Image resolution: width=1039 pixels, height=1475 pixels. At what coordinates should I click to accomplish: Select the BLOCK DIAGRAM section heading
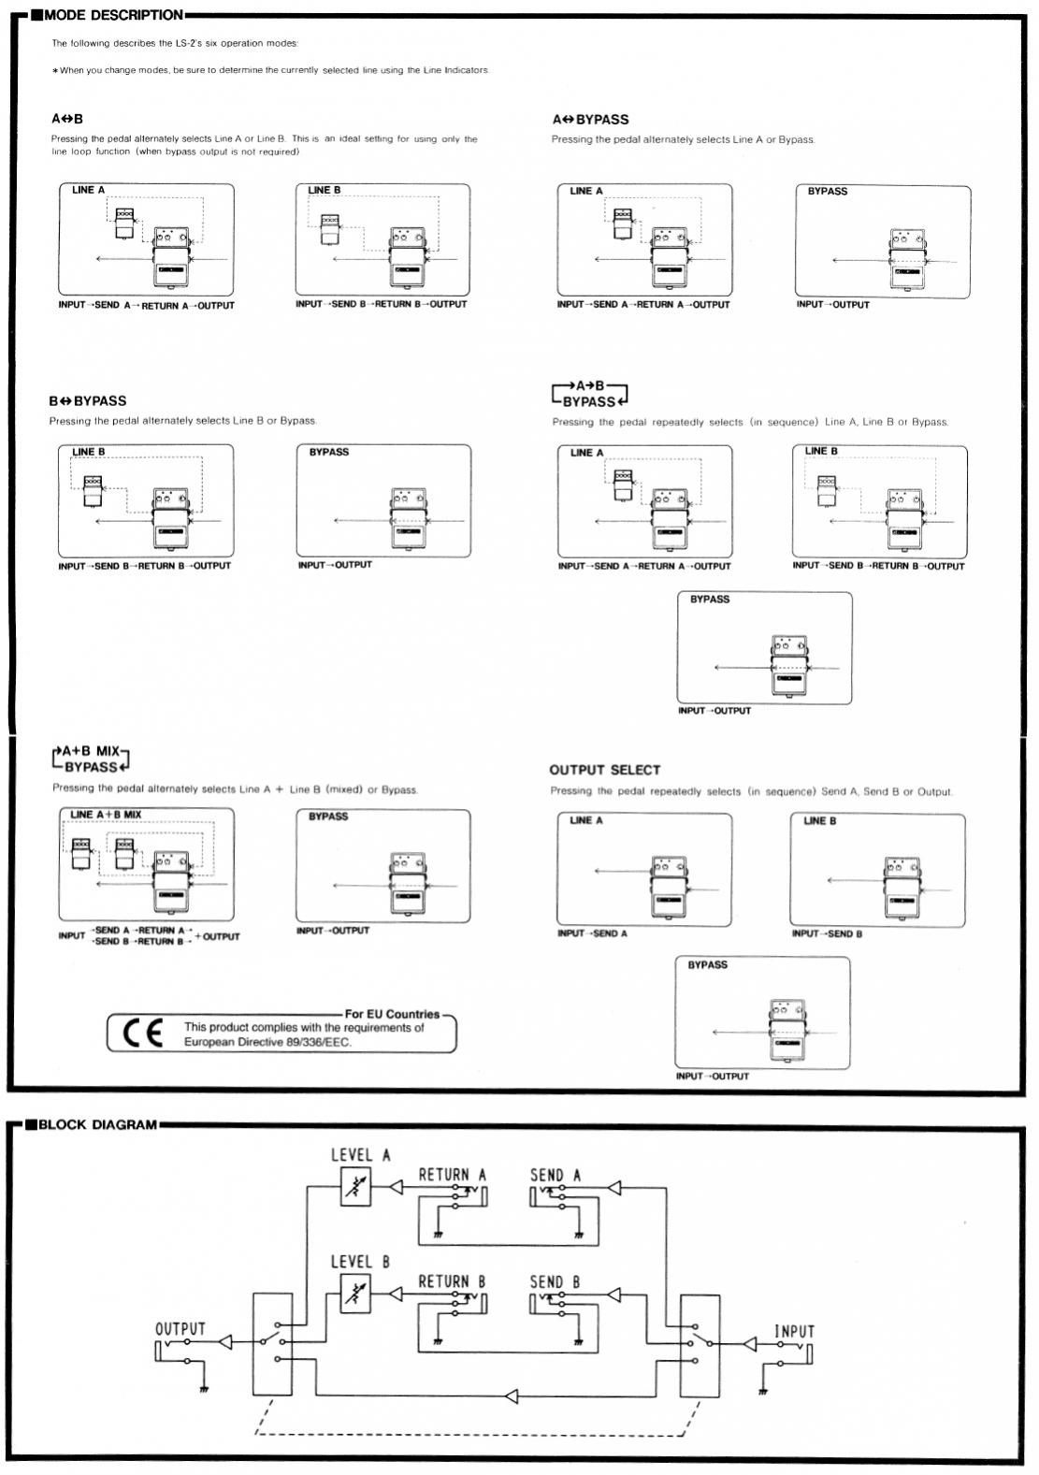pos(96,1124)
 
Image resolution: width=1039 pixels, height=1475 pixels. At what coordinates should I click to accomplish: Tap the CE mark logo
pos(142,1033)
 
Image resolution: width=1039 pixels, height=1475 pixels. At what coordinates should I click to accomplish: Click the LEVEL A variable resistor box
pos(355,1188)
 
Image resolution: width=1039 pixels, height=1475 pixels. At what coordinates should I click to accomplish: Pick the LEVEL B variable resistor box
pos(355,1294)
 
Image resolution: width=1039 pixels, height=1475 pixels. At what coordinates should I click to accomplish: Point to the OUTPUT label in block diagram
pos(180,1329)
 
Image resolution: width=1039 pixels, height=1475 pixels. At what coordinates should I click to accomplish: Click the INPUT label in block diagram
pos(793,1331)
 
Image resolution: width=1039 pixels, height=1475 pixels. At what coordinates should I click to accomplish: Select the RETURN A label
pos(452,1175)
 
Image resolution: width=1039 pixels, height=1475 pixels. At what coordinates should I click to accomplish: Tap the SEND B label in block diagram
pos(555,1281)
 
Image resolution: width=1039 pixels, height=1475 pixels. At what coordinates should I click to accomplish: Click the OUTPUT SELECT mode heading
pos(604,770)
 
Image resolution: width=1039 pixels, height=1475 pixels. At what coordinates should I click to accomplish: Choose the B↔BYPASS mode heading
pos(87,401)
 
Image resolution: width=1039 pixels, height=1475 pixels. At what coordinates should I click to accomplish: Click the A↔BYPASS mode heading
pos(590,120)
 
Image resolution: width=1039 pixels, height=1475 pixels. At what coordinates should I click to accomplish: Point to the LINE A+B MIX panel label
pos(106,815)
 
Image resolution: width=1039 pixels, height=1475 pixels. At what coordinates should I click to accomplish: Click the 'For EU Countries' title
pos(392,1014)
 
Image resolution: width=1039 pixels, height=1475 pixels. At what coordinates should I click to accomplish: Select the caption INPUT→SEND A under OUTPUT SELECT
pos(592,933)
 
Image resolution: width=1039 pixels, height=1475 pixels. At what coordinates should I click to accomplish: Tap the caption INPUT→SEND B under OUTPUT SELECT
pos(827,933)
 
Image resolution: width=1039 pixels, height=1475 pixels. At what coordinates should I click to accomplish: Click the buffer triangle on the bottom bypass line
pos(511,1396)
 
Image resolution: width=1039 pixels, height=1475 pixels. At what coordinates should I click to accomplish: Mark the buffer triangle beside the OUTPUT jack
pos(225,1342)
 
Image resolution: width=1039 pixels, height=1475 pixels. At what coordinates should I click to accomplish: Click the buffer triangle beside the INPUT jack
pos(749,1344)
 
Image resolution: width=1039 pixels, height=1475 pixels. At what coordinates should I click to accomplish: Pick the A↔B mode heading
pos(67,120)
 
